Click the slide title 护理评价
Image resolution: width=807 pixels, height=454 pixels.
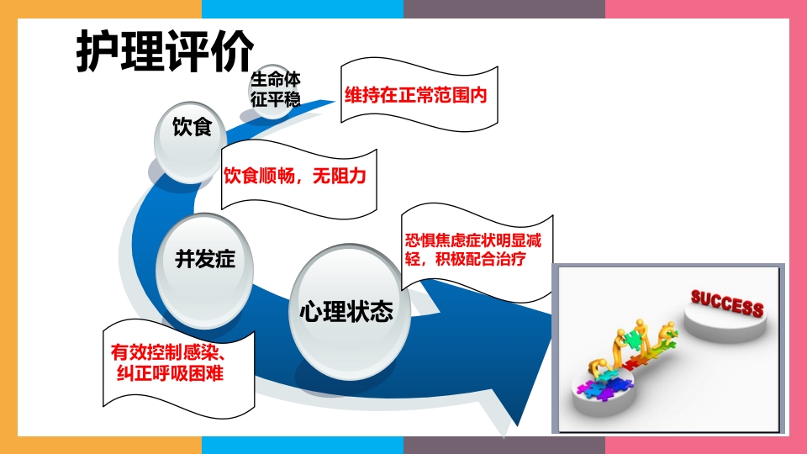click(x=165, y=52)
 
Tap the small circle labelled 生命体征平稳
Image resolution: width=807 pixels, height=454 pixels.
click(x=275, y=88)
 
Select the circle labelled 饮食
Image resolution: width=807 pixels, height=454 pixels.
click(x=191, y=130)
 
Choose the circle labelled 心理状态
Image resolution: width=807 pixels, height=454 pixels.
click(x=345, y=312)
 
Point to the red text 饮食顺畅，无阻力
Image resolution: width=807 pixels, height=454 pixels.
click(x=295, y=177)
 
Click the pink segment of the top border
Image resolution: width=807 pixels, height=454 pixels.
click(x=705, y=8)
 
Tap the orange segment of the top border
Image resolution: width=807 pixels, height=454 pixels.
click(x=101, y=8)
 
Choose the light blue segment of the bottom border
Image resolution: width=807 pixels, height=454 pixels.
click(x=303, y=445)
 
